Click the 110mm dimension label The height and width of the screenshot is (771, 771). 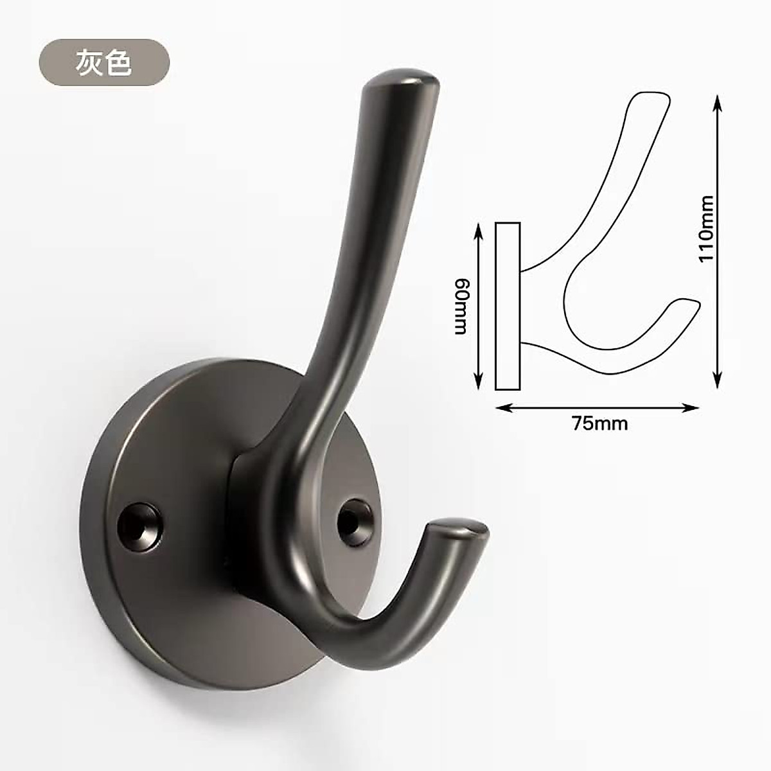[x=706, y=229]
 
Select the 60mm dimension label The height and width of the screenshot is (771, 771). [x=461, y=307]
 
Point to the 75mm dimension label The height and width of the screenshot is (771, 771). [x=599, y=423]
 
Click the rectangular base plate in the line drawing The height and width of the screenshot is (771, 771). [x=508, y=306]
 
